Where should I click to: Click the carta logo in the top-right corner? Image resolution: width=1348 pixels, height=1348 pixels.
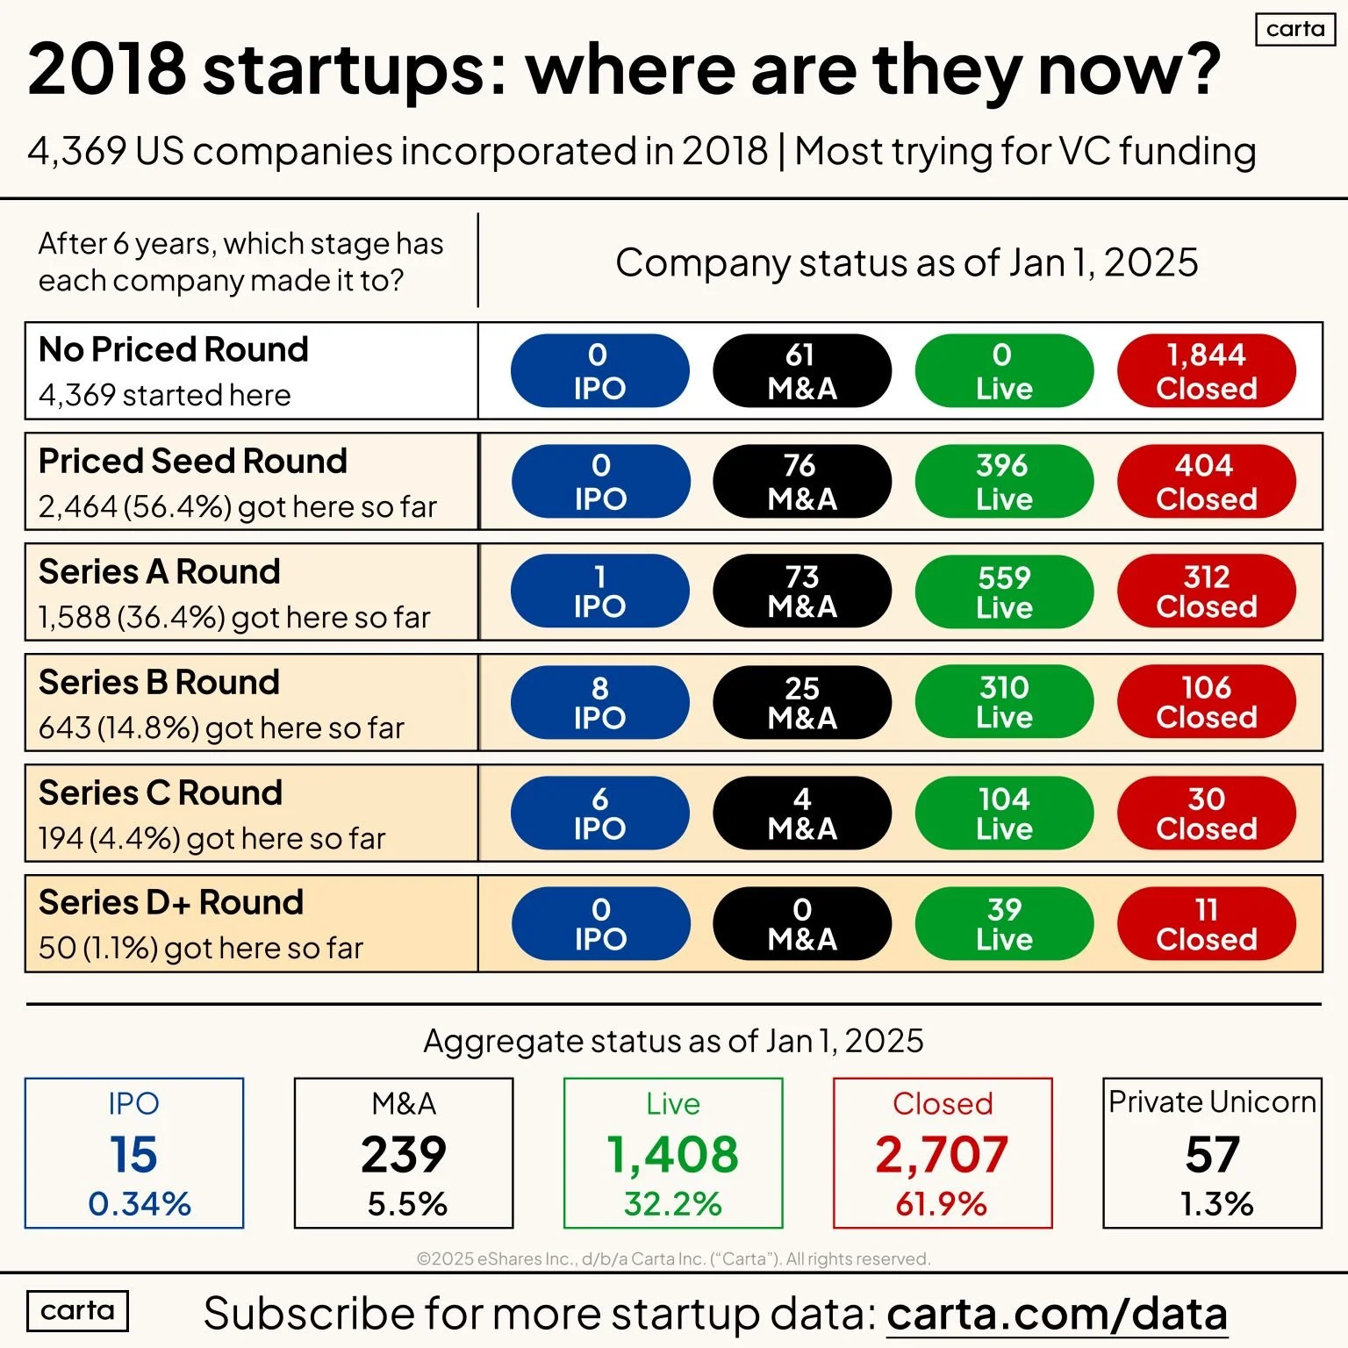[1295, 29]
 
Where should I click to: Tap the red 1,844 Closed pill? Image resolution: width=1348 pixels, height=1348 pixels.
[1206, 371]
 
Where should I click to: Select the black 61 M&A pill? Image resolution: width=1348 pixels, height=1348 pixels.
[802, 371]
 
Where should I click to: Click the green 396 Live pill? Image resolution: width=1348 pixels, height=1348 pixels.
[1004, 482]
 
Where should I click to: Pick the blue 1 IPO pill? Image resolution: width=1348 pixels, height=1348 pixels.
[600, 592]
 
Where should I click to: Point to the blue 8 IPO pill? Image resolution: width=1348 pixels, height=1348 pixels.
[600, 703]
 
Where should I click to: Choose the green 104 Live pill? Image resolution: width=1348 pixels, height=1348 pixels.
[1004, 814]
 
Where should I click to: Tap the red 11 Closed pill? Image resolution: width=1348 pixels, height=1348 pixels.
[1206, 924]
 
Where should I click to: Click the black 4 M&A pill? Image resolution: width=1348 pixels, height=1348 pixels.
[802, 814]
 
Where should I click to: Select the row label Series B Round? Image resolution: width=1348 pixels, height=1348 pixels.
[160, 682]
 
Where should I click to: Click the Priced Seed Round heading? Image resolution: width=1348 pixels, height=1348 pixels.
[193, 461]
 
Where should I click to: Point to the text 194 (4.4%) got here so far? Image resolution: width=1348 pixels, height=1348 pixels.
[212, 839]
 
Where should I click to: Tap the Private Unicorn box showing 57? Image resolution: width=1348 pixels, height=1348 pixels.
[1212, 1153]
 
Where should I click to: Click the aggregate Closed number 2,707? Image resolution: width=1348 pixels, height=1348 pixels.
[942, 1154]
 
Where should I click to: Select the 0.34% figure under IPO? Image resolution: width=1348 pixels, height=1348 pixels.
[140, 1204]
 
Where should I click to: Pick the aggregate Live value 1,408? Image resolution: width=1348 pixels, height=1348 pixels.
[673, 1154]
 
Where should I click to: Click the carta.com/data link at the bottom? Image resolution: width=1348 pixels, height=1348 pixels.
[1057, 1315]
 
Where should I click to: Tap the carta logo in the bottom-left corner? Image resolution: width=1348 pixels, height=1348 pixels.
[77, 1311]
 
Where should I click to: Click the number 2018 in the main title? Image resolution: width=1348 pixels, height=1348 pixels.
[107, 69]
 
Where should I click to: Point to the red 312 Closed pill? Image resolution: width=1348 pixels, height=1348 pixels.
[1206, 592]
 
